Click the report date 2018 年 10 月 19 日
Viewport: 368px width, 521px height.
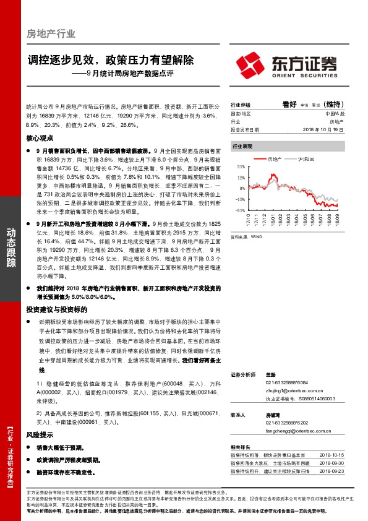coord(322,130)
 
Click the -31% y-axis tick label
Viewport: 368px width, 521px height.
coord(240,210)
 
